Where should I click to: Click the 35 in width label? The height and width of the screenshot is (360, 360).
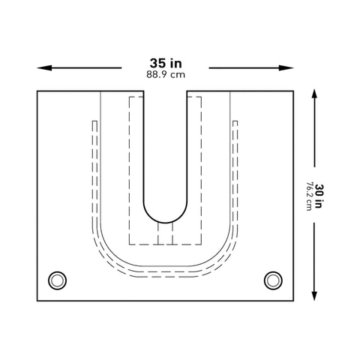[166, 63]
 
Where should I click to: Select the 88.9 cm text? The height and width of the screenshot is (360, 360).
[166, 75]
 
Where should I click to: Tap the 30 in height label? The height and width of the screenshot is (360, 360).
[319, 196]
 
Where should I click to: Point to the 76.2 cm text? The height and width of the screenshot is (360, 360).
[309, 196]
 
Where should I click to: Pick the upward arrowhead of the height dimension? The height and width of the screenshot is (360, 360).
[314, 94]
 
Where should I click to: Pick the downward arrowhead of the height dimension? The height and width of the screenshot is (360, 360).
[314, 295]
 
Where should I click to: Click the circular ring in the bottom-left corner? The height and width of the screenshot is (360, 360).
[57, 272]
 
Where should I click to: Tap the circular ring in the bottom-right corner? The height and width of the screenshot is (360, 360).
[273, 272]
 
